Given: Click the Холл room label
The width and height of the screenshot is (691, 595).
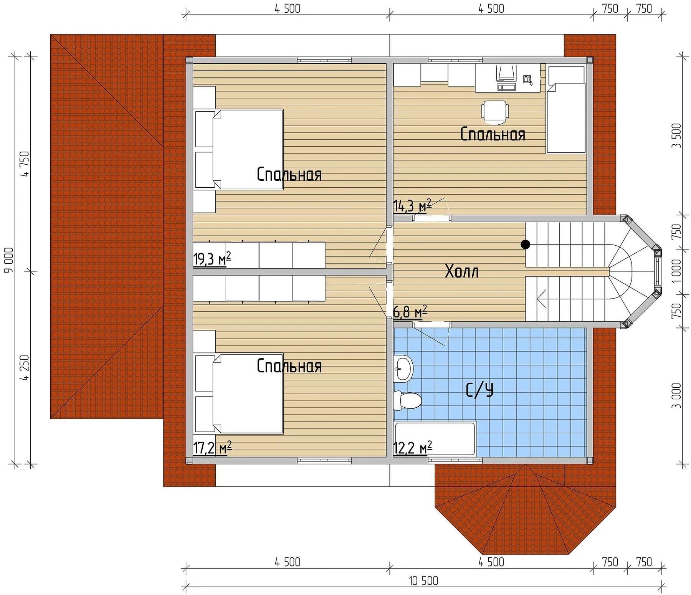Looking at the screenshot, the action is click(461, 271).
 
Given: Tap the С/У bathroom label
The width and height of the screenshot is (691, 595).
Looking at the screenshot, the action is click(479, 390).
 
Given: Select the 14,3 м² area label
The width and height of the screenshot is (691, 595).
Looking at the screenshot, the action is click(413, 206).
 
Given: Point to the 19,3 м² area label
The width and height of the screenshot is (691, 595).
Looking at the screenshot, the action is click(212, 259).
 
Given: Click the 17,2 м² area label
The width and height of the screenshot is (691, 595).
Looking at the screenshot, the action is click(212, 448).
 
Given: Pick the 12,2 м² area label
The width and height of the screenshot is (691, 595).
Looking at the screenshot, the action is click(413, 448).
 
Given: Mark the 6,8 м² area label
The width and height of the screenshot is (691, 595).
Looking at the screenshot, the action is click(410, 312).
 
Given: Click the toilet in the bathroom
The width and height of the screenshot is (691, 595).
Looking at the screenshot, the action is click(408, 400).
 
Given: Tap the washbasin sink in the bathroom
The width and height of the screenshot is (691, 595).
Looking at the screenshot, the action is click(403, 369).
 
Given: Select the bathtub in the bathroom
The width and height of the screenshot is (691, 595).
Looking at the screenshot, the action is click(435, 439).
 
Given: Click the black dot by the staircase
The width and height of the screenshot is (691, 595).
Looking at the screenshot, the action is click(525, 244).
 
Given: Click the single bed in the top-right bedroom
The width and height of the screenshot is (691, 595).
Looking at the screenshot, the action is click(567, 109).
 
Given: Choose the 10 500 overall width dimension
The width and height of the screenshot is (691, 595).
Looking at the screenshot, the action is click(423, 581).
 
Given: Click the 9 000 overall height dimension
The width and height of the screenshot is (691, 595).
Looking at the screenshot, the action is click(8, 260).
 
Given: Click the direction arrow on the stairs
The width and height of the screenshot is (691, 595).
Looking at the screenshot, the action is click(542, 299).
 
